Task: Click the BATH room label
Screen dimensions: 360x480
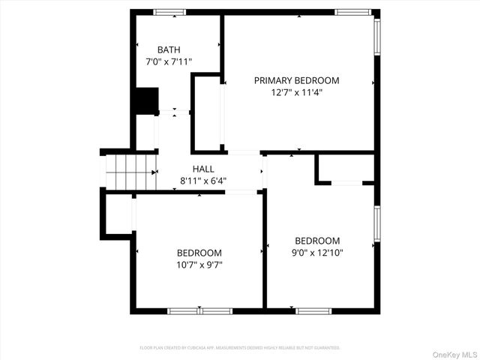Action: point(169,50)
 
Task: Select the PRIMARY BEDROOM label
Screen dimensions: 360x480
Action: point(296,80)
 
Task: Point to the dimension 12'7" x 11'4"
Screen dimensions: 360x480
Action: point(296,93)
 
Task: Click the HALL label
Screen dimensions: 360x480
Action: point(202,169)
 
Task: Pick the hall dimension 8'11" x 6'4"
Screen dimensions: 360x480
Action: point(202,181)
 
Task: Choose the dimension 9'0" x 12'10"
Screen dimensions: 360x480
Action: point(317,253)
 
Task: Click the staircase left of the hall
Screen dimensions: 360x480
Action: point(130,172)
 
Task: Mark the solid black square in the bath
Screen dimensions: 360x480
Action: point(145,100)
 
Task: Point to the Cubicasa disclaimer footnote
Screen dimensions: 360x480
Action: point(240,348)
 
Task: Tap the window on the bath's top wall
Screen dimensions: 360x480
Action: point(169,12)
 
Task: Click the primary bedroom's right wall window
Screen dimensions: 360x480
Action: point(376,37)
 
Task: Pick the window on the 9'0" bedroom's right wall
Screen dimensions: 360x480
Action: point(376,224)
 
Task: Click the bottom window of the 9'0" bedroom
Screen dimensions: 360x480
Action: point(313,310)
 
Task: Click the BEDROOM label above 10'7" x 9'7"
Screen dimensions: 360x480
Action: point(199,253)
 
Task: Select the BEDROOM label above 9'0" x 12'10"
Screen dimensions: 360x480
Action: point(317,241)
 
